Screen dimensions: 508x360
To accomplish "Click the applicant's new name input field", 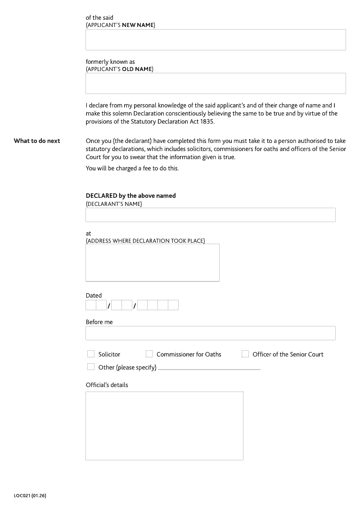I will coord(216,40).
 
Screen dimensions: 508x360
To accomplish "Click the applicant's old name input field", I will coord(216,83).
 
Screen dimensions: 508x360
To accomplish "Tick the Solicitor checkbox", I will coord(91,354).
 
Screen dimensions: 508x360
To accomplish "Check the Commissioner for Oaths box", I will coord(149,354).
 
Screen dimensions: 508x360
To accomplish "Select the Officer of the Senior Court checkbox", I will coord(245,354).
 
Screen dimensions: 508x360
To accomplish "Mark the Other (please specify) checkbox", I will coord(91,367).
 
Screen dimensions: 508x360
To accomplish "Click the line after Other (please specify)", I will coord(209,369).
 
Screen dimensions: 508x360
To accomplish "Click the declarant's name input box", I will coord(210,215).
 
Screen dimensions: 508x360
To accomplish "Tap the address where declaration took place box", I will coord(152,263).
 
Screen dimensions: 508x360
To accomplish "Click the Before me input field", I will coord(210,333).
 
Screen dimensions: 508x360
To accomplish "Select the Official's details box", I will coord(164,426).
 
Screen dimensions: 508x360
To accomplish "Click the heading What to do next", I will coord(37,141).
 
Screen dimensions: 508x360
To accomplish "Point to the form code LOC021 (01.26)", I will coord(30,496).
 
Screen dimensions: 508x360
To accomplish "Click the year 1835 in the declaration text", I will coord(207,122).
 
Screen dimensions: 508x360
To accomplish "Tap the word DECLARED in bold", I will coord(101,196).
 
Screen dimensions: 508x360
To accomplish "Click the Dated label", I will coord(94,296).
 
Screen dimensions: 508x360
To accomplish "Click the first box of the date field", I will coord(90,305).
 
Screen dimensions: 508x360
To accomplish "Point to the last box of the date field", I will coord(173,305).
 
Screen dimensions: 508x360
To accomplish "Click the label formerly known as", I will coord(110,62).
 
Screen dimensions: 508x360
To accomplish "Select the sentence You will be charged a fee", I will coord(132,169).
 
